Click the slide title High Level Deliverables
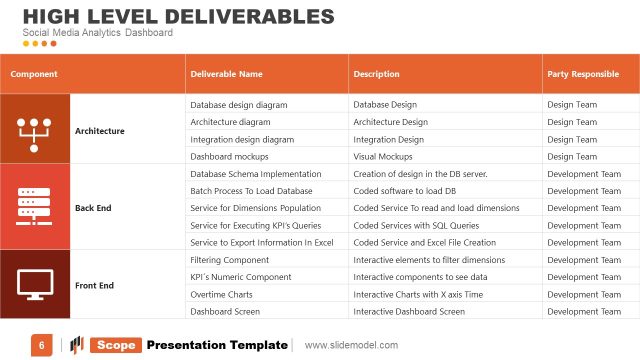pos(178,16)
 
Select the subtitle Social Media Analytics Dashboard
pos(98,33)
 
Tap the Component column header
pos(34,74)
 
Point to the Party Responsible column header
pos(582,74)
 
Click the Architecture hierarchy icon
pos(35,130)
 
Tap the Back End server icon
pos(35,207)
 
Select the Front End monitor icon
pos(35,285)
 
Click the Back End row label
pos(93,208)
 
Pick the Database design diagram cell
pos(239,105)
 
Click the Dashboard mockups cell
pos(230,156)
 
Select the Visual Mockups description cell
pos(383,156)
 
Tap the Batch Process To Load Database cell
pos(251,191)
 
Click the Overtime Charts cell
pos(222,294)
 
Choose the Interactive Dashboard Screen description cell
pos(409,311)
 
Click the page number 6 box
pos(42,345)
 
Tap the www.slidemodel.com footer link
pos(351,345)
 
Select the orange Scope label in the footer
pos(115,345)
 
